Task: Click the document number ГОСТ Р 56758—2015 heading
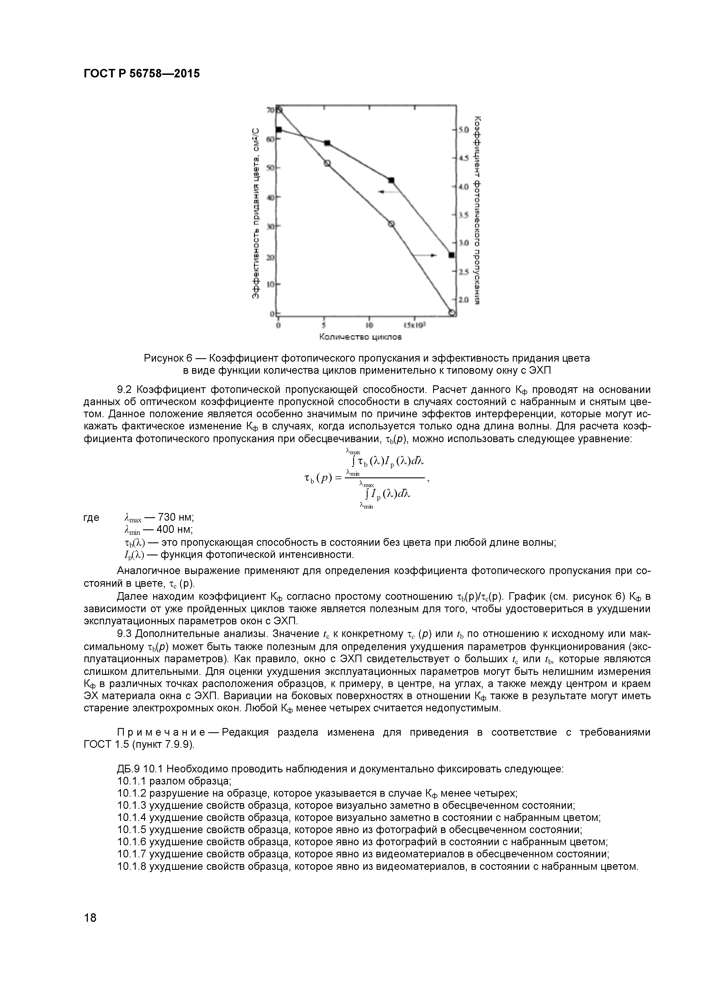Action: point(142,74)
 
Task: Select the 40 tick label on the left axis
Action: point(271,197)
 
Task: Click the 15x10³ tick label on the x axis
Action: point(415,325)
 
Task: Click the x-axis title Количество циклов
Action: point(361,337)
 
